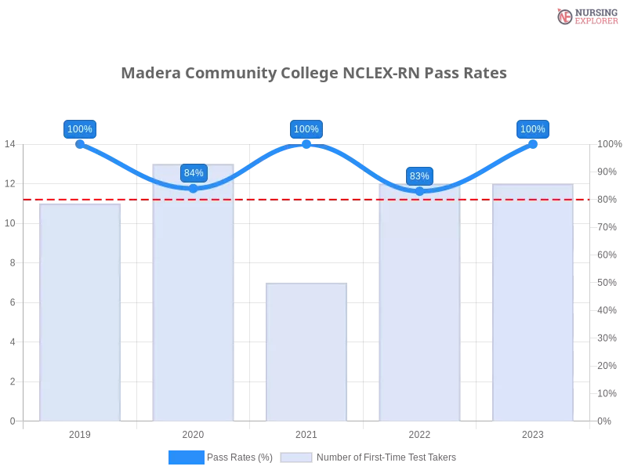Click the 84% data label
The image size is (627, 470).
click(x=194, y=173)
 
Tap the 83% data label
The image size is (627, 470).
click(x=419, y=176)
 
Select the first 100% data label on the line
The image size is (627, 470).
click(x=80, y=129)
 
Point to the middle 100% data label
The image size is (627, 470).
click(x=306, y=129)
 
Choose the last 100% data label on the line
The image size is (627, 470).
click(x=533, y=129)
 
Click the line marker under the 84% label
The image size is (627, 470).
click(x=194, y=188)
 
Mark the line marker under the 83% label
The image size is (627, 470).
click(x=419, y=191)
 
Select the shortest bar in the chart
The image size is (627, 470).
click(x=306, y=352)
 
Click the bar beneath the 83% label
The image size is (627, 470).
click(x=419, y=305)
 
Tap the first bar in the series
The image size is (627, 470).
click(x=81, y=313)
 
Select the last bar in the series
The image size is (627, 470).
click(x=533, y=305)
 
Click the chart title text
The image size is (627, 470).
click(x=313, y=74)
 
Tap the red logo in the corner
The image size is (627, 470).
click(x=564, y=16)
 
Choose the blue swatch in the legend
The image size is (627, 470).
click(x=186, y=457)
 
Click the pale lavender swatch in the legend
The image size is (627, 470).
click(x=296, y=457)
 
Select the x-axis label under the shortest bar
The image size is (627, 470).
click(x=306, y=432)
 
